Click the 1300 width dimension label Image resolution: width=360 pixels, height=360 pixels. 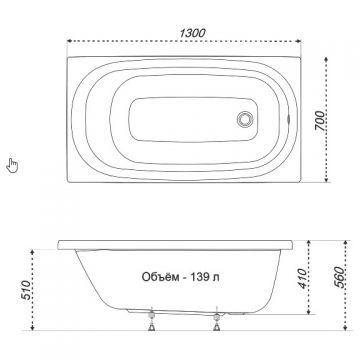tap(192, 33)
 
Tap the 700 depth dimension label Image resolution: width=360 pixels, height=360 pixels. tap(319, 120)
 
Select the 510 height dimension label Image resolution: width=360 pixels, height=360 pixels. tap(27, 289)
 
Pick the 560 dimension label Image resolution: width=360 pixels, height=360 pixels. tap(339, 277)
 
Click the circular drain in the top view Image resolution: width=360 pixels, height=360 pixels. tap(246, 119)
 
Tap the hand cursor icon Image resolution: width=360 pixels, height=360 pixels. tap(12, 166)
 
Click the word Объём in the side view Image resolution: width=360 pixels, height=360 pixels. tap(160, 277)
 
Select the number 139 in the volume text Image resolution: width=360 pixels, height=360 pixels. tap(199, 277)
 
